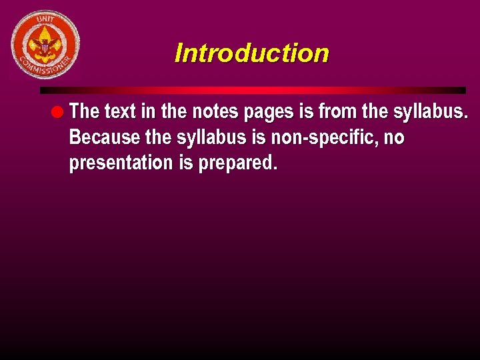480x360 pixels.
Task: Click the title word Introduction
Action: coord(251,53)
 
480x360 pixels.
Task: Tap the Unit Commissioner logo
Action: coord(45,45)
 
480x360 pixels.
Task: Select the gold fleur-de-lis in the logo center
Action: coord(45,44)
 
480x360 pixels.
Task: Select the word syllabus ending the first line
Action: coord(431,111)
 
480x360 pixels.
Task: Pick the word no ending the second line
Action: coord(394,137)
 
